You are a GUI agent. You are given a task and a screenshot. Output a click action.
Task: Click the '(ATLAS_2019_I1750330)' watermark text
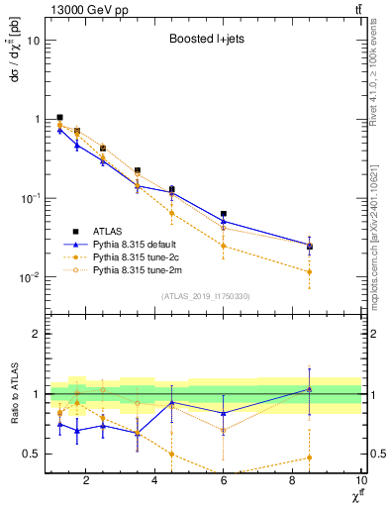tap(204, 296)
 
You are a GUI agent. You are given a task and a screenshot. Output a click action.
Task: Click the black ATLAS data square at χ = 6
tap(224, 214)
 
